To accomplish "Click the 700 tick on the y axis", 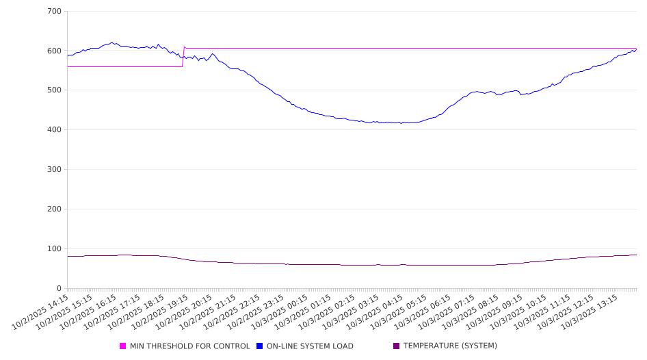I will [55, 12].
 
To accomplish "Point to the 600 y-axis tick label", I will [55, 51].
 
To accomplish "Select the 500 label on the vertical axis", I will [55, 90].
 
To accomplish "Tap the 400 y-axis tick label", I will [55, 130].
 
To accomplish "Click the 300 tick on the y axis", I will [55, 170].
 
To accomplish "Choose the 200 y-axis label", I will [55, 209].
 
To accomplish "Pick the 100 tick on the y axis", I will [55, 249].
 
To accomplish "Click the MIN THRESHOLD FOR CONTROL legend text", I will [189, 346].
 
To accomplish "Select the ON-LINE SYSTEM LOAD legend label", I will [310, 346].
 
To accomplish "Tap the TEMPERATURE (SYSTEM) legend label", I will [450, 346].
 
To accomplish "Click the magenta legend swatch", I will [123, 346].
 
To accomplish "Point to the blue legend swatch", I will [260, 346].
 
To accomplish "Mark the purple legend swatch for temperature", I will [397, 346].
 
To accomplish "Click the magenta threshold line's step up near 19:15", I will [183, 57].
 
